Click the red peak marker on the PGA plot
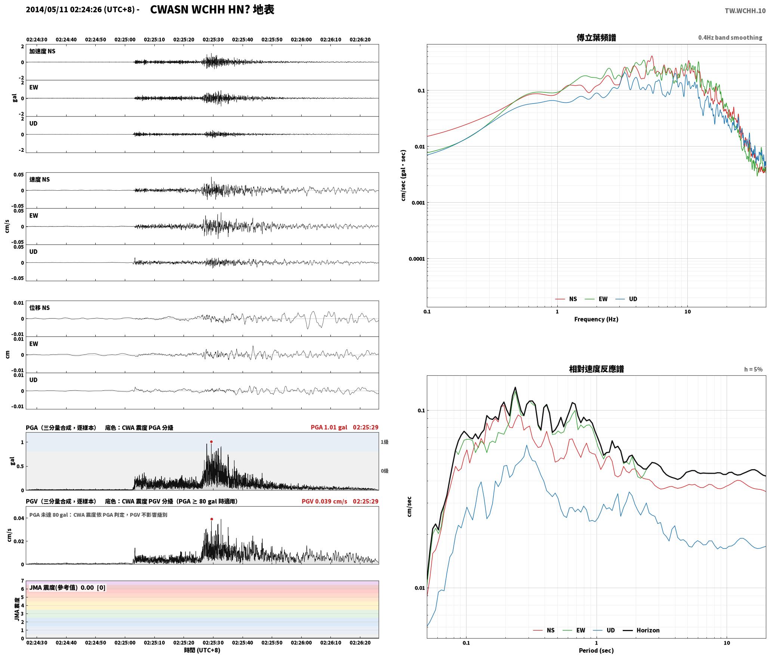[211, 442]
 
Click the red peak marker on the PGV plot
[212, 519]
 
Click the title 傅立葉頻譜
[596, 37]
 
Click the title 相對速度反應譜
[596, 369]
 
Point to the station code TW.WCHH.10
[745, 11]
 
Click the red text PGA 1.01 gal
[329, 427]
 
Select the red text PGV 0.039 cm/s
[324, 501]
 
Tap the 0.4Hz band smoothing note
[730, 38]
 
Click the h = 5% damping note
[753, 369]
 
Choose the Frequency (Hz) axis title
[596, 319]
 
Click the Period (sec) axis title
[596, 651]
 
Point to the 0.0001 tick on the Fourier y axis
[416, 259]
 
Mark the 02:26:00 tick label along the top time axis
[301, 40]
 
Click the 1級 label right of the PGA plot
[385, 442]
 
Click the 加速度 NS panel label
[42, 51]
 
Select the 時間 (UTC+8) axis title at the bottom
[202, 650]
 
